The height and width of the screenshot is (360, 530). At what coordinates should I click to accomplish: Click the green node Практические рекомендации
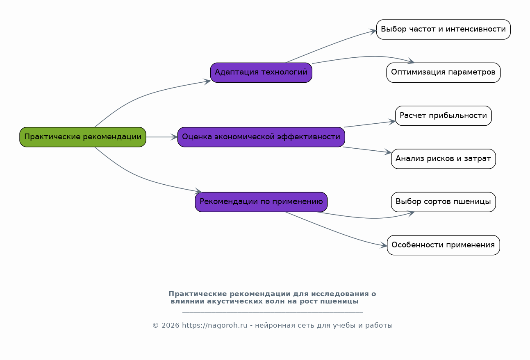pyautogui.click(x=83, y=137)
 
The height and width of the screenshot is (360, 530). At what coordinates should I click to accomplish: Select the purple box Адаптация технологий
pyautogui.click(x=261, y=72)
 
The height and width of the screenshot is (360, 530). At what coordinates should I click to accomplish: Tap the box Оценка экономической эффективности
pyautogui.click(x=261, y=137)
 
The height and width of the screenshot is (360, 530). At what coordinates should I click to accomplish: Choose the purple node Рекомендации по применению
pyautogui.click(x=261, y=202)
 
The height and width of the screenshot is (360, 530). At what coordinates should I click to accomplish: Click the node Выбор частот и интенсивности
pyautogui.click(x=444, y=29)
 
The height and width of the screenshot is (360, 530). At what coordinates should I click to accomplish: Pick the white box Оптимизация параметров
pyautogui.click(x=444, y=72)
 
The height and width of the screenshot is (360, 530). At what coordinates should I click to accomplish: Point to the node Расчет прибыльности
pyautogui.click(x=444, y=116)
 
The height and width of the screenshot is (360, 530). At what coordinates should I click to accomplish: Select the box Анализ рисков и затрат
pyautogui.click(x=444, y=159)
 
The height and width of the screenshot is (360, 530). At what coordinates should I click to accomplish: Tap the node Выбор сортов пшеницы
pyautogui.click(x=444, y=202)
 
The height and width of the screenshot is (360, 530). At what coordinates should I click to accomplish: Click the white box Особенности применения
pyautogui.click(x=444, y=245)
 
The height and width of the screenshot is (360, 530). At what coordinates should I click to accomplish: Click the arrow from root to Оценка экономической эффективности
pyautogui.click(x=162, y=137)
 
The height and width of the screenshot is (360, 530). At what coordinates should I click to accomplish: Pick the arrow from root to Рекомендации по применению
pyautogui.click(x=140, y=176)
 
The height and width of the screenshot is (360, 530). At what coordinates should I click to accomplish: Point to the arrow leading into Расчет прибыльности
pyautogui.click(x=370, y=125)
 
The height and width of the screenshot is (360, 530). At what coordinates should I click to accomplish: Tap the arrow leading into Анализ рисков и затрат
pyautogui.click(x=367, y=150)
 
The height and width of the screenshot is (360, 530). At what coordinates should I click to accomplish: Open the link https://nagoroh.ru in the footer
pyautogui.click(x=215, y=326)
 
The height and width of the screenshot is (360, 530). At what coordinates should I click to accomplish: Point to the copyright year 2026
pyautogui.click(x=171, y=326)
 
